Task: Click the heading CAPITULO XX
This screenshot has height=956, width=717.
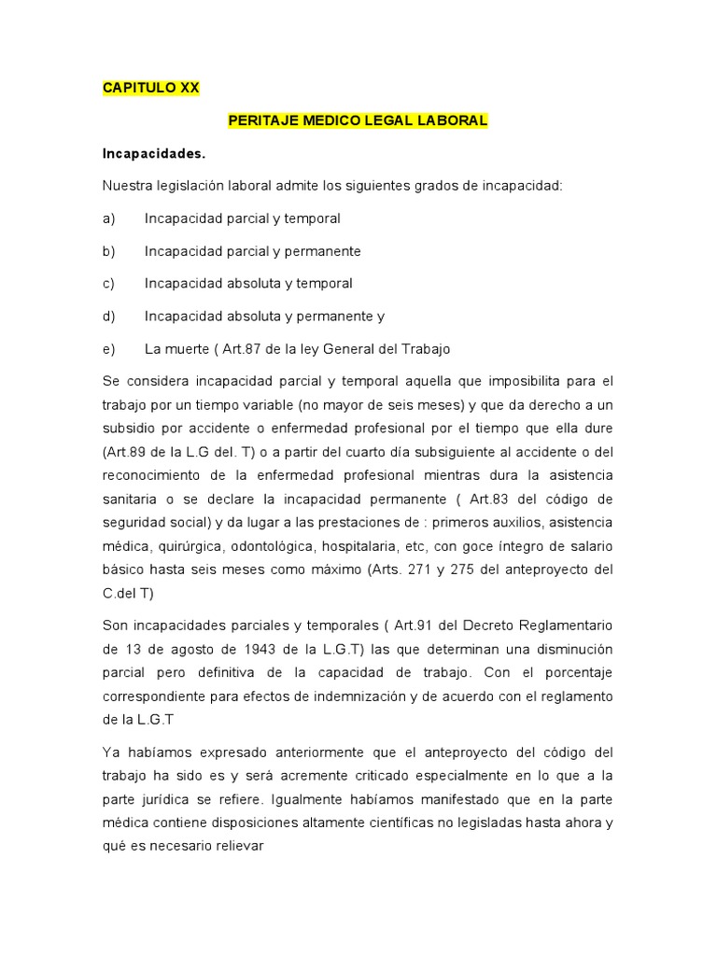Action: click(x=150, y=88)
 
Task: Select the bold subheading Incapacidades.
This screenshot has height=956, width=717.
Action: click(x=153, y=153)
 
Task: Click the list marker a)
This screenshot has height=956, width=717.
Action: click(x=108, y=218)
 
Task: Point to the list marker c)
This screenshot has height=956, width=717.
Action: click(x=108, y=283)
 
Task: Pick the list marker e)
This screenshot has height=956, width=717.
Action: click(x=108, y=348)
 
